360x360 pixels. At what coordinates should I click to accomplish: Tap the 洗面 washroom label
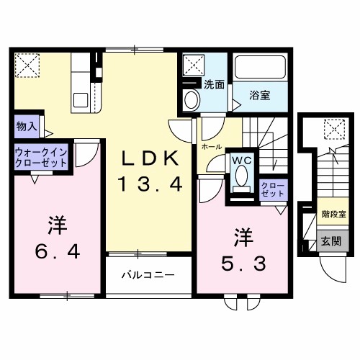tap(214, 84)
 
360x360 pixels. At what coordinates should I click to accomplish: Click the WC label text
tap(240, 161)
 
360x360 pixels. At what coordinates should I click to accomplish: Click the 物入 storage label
tap(26, 126)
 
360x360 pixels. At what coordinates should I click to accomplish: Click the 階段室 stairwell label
tap(334, 214)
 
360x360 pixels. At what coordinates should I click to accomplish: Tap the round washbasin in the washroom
tap(191, 100)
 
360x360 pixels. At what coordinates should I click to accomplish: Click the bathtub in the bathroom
tap(264, 72)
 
